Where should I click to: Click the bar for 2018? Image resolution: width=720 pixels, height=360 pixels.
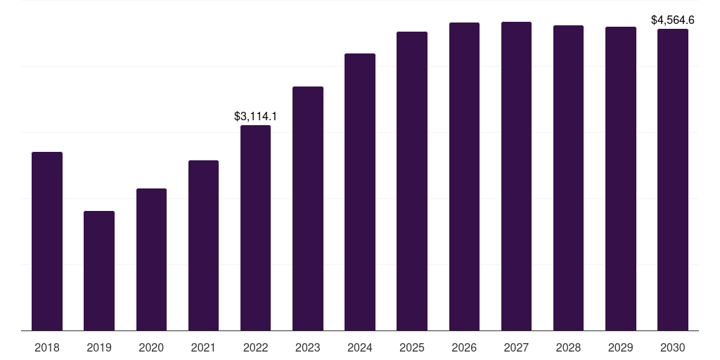point(47,241)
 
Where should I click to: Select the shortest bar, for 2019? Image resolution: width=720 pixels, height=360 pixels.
point(99,271)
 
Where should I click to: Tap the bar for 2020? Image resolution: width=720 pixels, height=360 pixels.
point(151,259)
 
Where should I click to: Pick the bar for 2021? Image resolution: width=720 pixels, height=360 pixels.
point(203,245)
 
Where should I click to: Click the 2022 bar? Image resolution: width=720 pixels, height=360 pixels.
point(255,228)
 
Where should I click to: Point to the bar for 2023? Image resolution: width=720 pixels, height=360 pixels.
point(308,209)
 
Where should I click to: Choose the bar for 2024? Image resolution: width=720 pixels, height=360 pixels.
point(360,192)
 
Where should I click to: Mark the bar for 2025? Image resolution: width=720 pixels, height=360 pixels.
point(412,181)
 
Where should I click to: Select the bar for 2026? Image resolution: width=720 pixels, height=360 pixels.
point(464,176)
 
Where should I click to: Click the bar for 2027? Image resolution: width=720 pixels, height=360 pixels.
point(516,176)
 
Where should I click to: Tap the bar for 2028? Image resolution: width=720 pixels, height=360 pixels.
point(568,178)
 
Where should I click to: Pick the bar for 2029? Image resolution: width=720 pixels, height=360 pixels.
point(621,179)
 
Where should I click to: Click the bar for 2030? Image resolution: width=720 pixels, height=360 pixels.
point(673,180)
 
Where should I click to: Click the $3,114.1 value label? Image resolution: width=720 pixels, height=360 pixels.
point(255,117)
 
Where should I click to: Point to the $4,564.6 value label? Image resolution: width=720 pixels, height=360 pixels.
point(673,20)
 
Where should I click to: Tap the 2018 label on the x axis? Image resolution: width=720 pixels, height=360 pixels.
point(47,347)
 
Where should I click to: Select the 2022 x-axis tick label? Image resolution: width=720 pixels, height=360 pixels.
point(255,347)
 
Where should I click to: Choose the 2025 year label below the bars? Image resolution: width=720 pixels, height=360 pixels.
point(412,347)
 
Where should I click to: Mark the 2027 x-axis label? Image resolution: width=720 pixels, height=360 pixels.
point(516,347)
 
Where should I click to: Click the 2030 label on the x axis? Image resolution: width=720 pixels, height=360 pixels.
point(673,347)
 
